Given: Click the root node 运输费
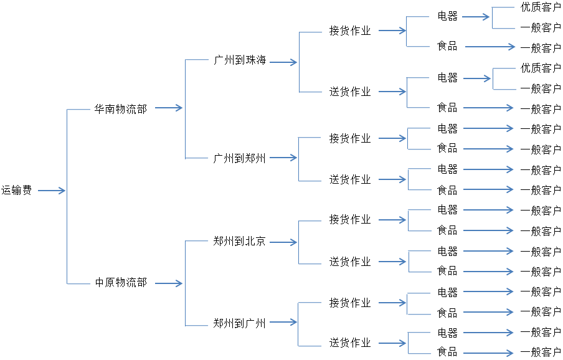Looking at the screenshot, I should (x=17, y=191).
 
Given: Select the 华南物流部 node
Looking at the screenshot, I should (x=121, y=109).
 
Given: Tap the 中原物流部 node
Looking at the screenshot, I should (x=121, y=283).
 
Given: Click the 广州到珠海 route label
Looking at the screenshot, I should (x=240, y=60).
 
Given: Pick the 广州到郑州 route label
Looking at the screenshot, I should (x=240, y=158).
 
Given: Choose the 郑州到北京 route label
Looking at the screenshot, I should (x=240, y=241).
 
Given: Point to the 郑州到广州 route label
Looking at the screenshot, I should (x=240, y=323).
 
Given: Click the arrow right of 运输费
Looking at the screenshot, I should (x=52, y=191).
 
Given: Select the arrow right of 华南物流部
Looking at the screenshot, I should (x=168, y=108).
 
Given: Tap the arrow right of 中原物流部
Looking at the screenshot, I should (x=168, y=283).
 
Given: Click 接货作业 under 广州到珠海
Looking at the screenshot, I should (x=350, y=31).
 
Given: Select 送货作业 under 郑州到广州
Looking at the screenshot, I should (x=350, y=343).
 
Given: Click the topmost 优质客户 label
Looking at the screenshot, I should (x=541, y=7).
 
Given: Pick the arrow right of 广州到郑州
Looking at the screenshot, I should (x=283, y=158).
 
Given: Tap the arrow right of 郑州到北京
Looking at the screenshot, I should (x=283, y=242).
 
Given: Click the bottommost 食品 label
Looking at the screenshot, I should (x=447, y=352).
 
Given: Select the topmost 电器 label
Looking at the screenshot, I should (x=447, y=16).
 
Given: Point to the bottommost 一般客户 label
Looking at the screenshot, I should (x=541, y=353).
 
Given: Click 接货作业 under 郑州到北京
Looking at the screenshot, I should (x=350, y=220).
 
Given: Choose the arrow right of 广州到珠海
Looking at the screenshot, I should (x=283, y=62).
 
